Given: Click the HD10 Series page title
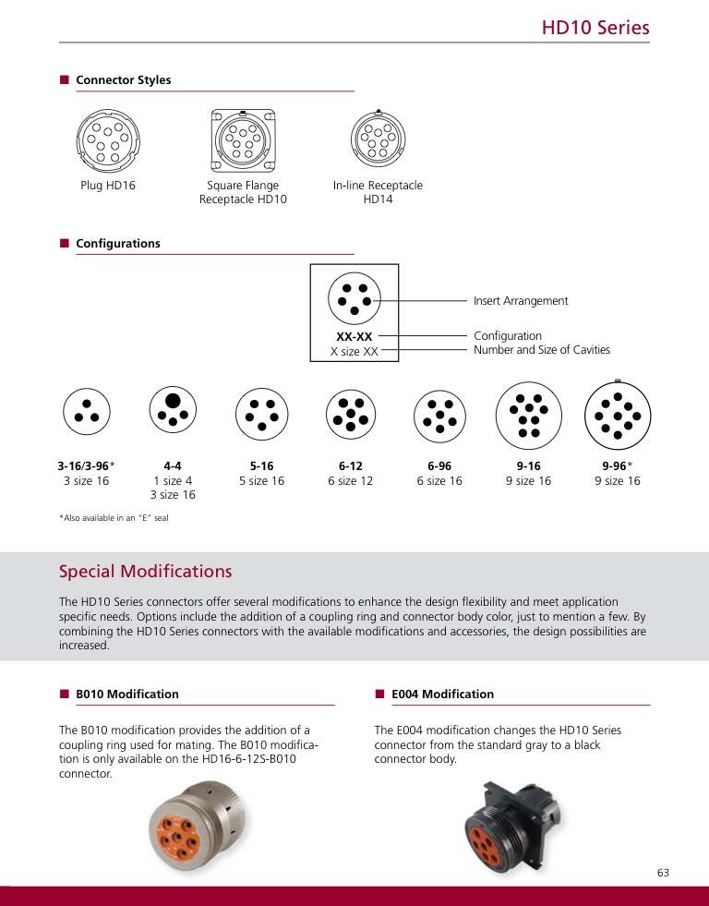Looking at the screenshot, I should pos(595,28).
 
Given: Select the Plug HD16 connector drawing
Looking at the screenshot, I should pos(108,140).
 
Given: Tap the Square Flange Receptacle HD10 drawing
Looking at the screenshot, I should pos(243,140).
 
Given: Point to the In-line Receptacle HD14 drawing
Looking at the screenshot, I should pos(378,141).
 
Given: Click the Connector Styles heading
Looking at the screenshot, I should pos(123,80).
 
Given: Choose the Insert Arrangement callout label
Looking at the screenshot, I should pos(521,301).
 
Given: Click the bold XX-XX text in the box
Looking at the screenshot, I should pos(354,336).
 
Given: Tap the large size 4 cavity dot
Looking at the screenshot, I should pos(173,400).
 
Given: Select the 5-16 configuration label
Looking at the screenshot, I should pos(261,465).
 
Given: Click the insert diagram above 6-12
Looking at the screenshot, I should pos(350,412).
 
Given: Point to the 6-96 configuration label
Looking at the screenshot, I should pos(439,465).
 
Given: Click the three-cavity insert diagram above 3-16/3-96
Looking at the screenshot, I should pos(87,411).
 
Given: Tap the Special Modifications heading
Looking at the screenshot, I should pos(145,572).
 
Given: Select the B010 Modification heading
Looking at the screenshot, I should pos(126,695).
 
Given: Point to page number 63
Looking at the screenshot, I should pos(663,874).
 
